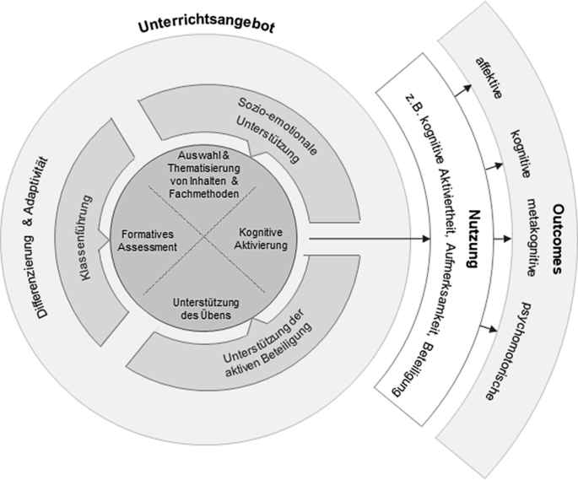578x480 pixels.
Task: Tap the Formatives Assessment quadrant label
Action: click(149, 240)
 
